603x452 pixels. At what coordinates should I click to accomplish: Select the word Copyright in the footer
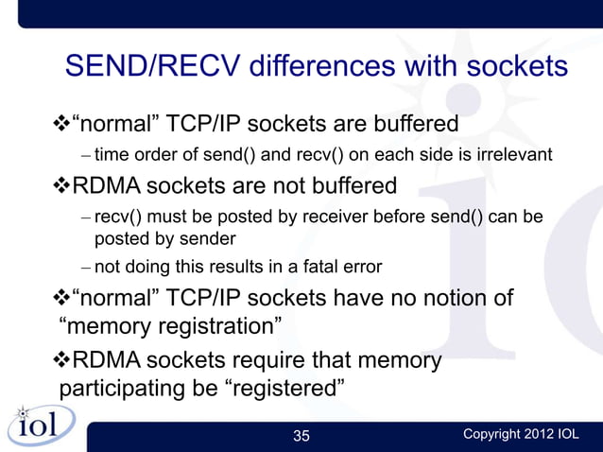pos(490,435)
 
